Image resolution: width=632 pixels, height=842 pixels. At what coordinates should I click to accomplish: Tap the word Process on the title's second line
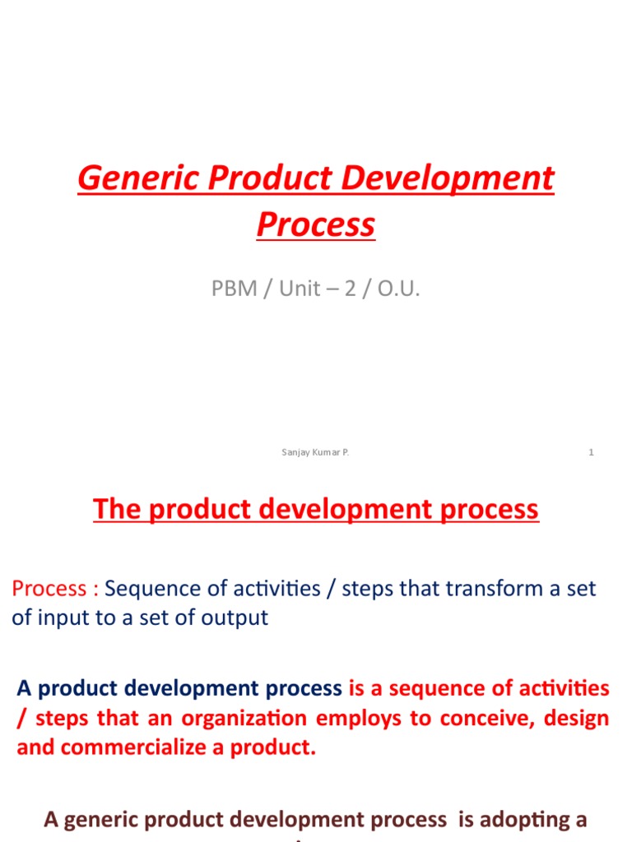315,224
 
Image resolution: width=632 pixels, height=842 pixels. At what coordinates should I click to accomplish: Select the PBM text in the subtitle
234,289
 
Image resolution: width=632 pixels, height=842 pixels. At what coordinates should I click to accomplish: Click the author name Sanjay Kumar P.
315,452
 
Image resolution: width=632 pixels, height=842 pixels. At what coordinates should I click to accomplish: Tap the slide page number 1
591,452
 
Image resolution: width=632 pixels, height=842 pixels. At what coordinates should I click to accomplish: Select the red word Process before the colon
49,589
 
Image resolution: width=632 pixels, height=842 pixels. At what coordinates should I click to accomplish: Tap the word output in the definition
239,618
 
